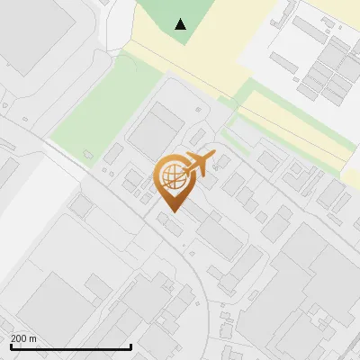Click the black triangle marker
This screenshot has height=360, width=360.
181,24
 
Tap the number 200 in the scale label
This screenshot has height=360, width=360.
18,338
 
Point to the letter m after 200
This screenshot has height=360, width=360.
32,338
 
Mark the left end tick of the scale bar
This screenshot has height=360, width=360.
11,345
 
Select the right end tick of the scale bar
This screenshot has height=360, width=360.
130,345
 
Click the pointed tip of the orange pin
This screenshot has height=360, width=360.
172,211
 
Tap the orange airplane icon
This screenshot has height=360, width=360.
197,165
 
